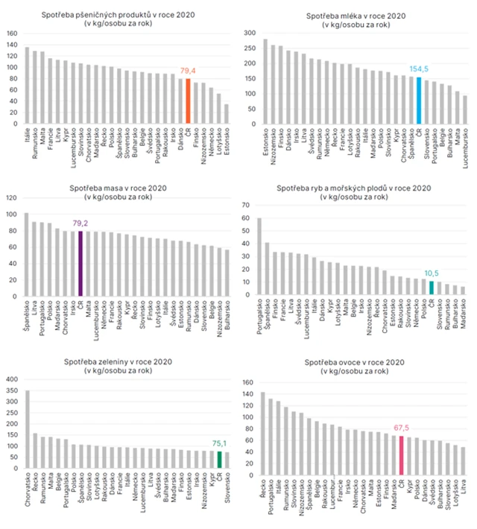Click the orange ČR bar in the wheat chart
(188, 101)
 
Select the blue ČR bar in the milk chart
(419, 100)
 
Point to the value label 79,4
(188, 71)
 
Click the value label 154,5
(419, 69)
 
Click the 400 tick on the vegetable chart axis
(12, 379)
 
